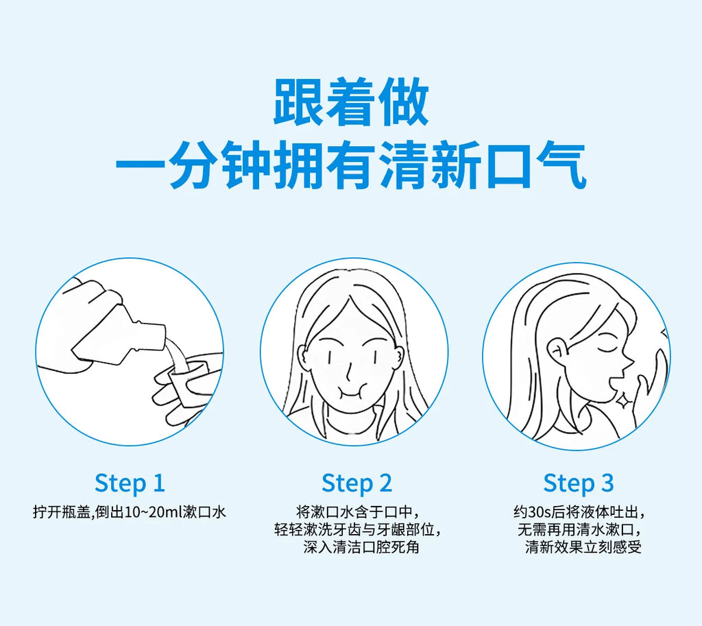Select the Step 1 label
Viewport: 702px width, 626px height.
130,484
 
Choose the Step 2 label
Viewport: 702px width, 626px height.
356,484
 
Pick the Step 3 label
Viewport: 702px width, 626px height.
579,484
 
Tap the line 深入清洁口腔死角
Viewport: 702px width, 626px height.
361,546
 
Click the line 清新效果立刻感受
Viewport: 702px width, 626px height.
583,546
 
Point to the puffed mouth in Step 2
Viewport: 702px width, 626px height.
353,389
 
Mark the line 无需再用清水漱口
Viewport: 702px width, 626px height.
580,530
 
